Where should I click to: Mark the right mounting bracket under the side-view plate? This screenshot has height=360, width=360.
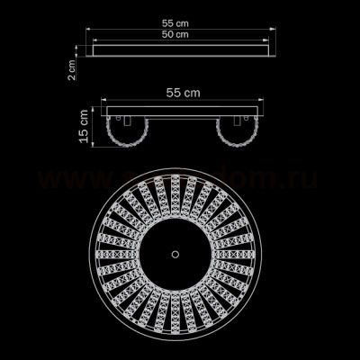[x=238, y=120]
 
